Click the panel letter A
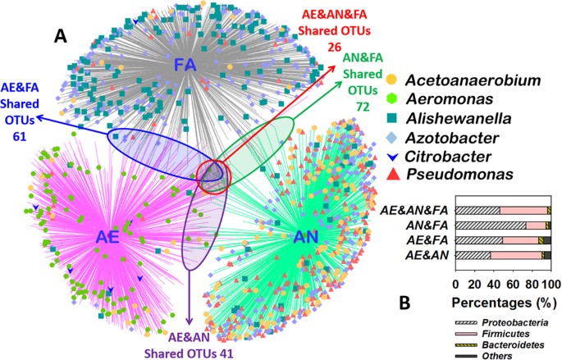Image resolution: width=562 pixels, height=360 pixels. click(x=60, y=35)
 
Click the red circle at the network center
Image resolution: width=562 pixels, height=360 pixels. click(x=214, y=174)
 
